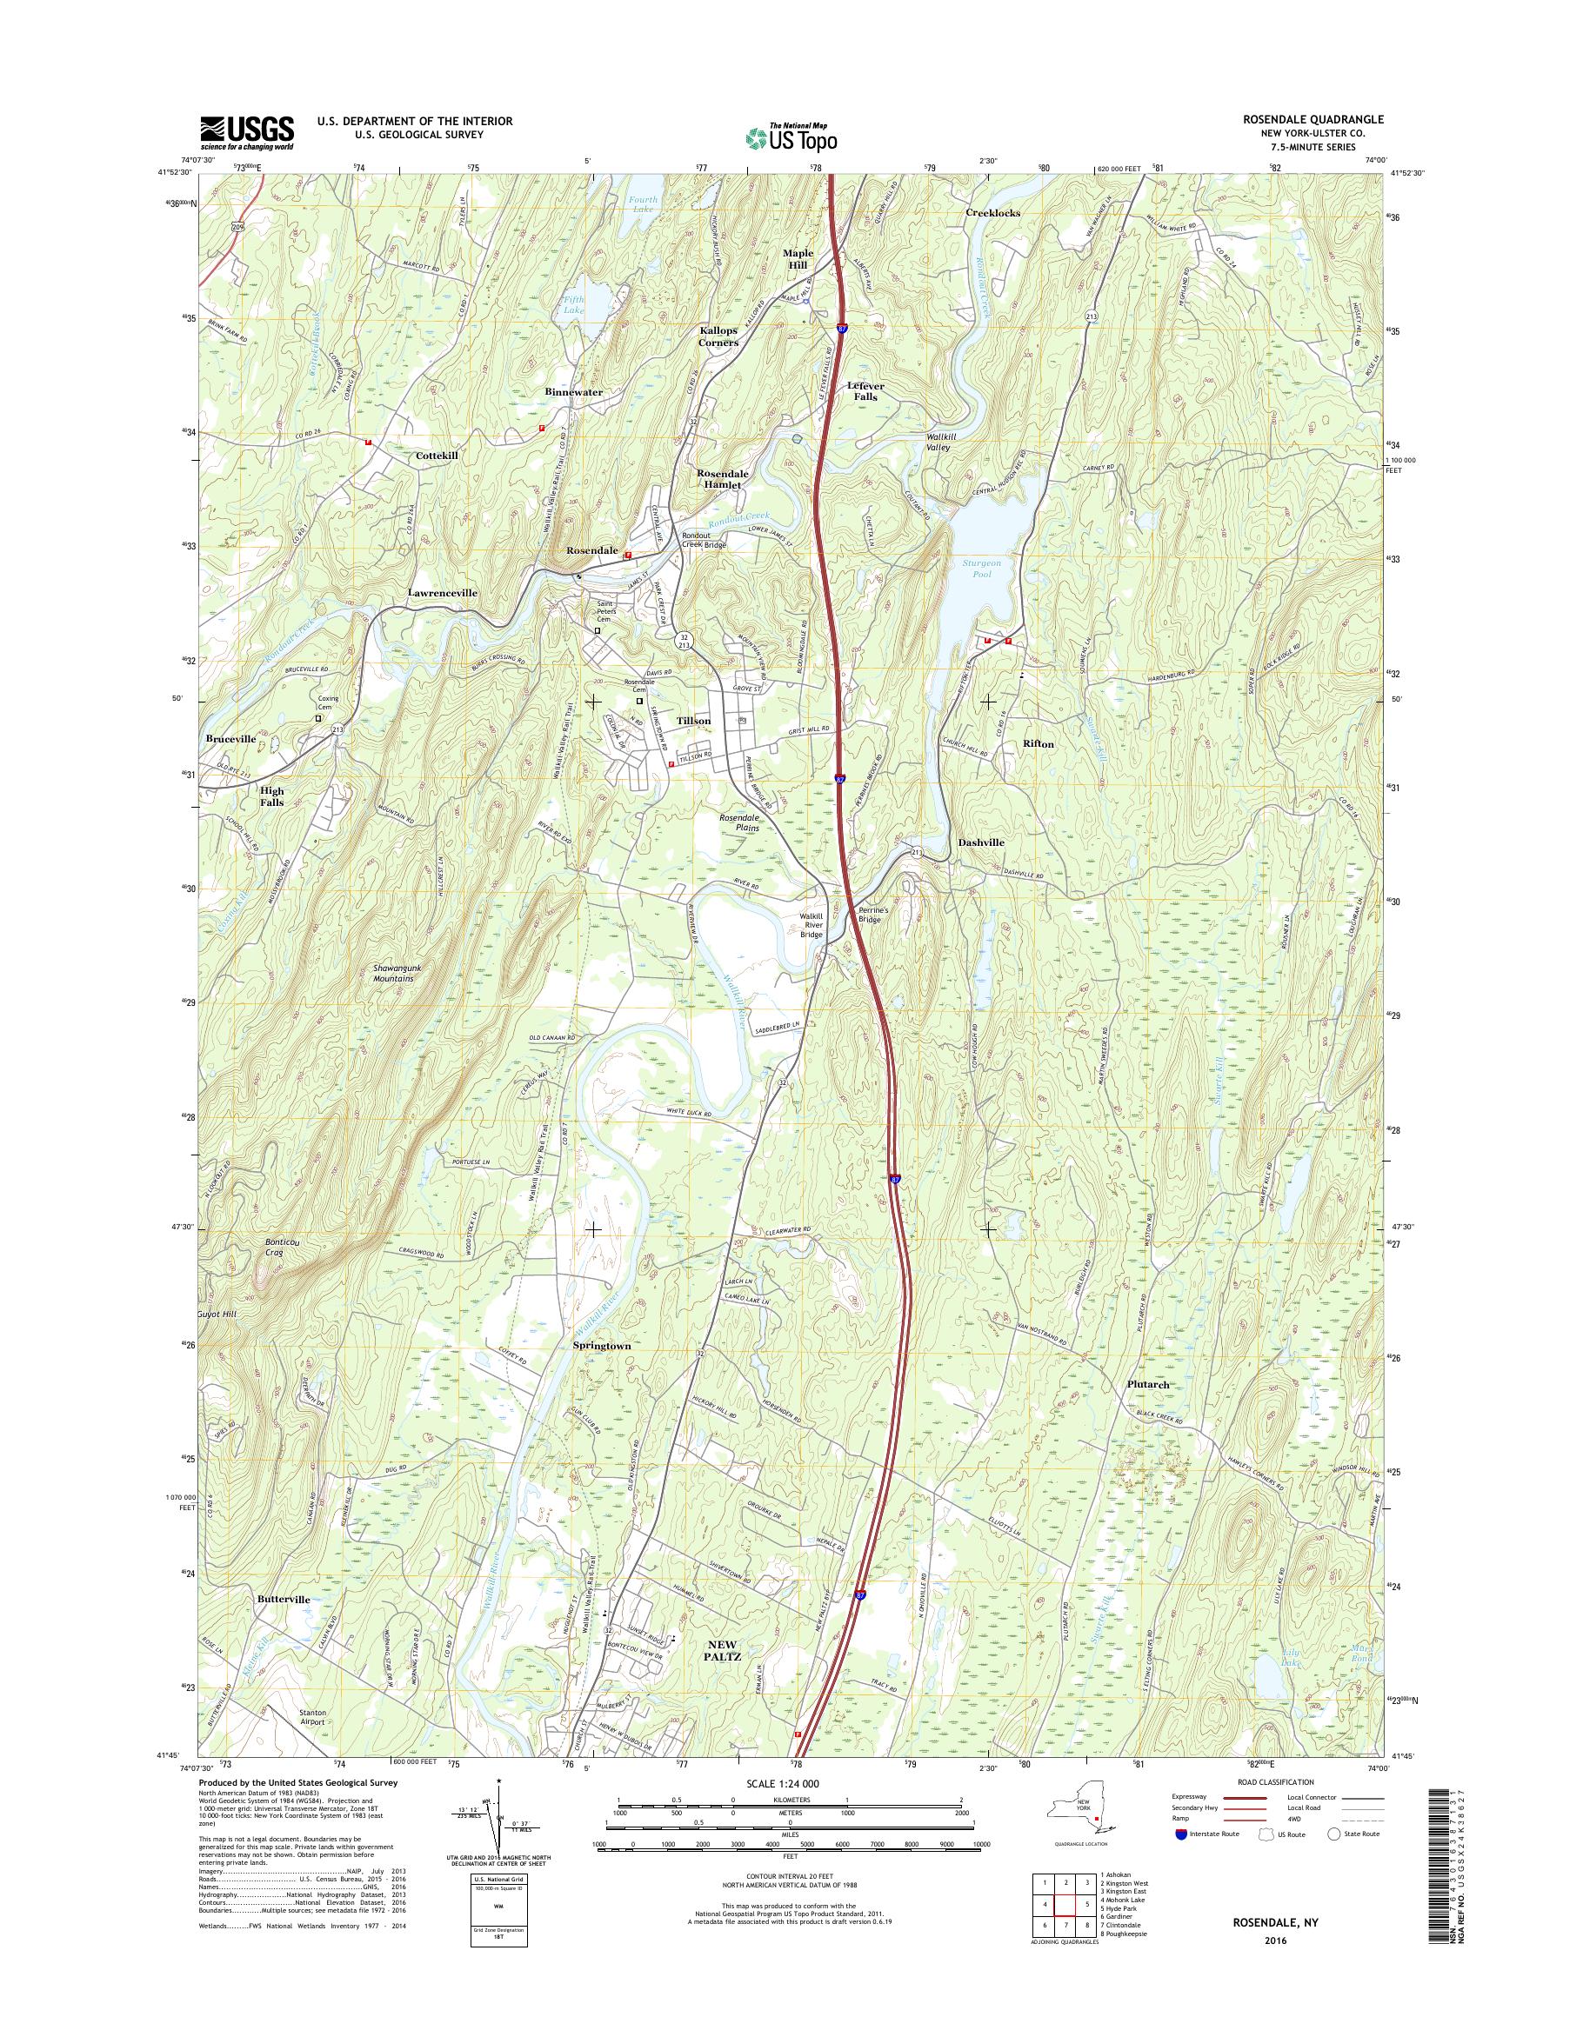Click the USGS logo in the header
pyautogui.click(x=248, y=132)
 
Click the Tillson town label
pyautogui.click(x=693, y=720)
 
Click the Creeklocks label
pyautogui.click(x=992, y=212)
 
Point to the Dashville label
pyautogui.click(x=980, y=842)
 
